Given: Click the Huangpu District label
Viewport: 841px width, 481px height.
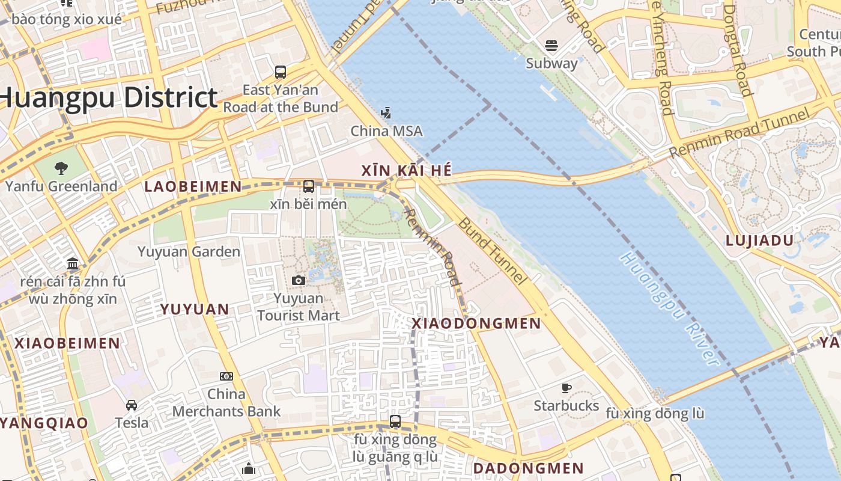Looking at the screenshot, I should coord(108,98).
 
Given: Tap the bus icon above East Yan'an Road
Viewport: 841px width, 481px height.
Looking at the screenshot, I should coord(281,72).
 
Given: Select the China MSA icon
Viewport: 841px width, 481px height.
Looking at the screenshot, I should coord(386,112).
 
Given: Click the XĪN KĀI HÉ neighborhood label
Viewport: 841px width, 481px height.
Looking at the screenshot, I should coord(406,171).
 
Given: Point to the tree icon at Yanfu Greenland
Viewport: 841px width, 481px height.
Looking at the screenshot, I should coord(61,168).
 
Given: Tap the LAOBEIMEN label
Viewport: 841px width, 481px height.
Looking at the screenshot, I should coord(193,187).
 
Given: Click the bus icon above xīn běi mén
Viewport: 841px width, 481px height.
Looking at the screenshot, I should coord(309,186).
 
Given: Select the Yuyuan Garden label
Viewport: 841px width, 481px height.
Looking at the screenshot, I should coord(189,252).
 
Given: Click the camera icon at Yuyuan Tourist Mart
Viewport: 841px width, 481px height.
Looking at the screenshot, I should coord(299,280).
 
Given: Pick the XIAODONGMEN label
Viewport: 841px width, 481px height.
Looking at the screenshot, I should coord(476,323).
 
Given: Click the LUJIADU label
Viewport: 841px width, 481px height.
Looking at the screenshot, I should coord(759,240).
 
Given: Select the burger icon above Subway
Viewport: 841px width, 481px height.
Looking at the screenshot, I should coord(551,46).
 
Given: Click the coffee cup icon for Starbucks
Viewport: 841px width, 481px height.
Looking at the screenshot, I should coord(566,388).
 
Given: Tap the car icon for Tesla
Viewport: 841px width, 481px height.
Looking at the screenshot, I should coord(132,405).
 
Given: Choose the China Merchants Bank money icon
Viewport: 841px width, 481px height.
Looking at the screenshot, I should coord(226,376).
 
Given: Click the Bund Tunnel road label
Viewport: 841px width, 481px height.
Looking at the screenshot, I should coord(492,251).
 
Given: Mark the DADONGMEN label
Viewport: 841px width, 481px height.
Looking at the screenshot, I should coord(528,468).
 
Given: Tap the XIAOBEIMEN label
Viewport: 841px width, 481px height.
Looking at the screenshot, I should coord(67,344).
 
